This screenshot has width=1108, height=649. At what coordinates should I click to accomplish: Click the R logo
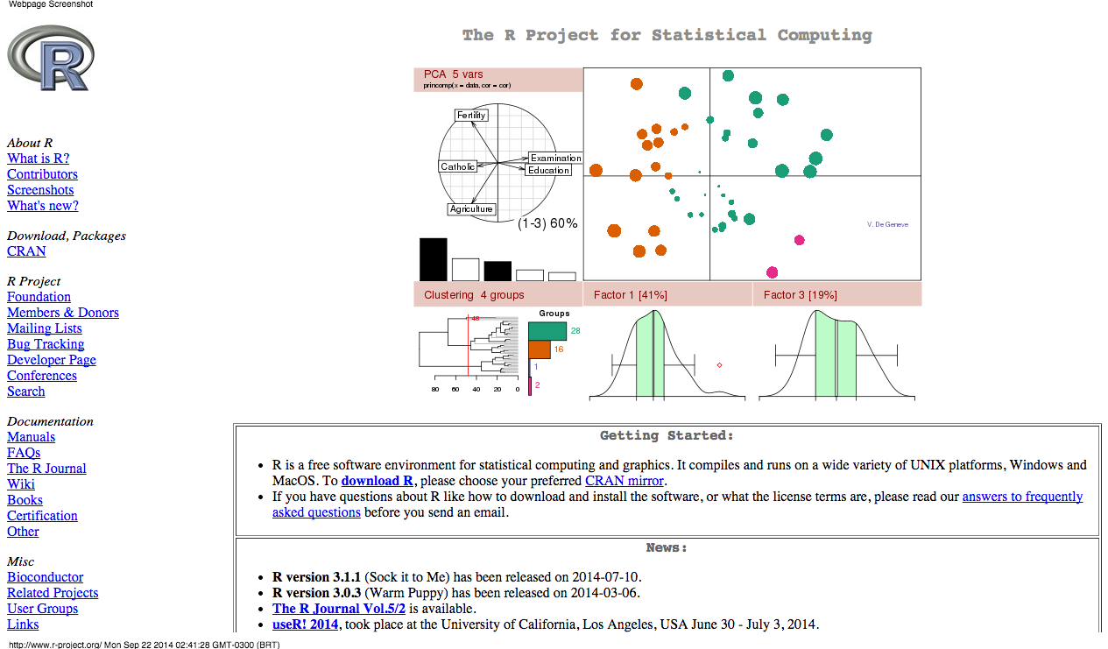[50, 58]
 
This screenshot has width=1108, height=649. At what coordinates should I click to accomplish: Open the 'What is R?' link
[38, 159]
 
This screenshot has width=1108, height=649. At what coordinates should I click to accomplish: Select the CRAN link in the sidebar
[26, 251]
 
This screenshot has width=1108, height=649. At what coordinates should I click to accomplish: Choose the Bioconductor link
[45, 577]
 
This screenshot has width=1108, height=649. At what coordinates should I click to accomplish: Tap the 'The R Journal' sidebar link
[46, 469]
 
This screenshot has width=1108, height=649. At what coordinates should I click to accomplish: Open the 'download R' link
[377, 481]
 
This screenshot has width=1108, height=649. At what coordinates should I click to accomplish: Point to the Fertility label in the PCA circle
[471, 116]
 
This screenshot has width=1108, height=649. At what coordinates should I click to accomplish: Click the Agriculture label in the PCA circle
[471, 209]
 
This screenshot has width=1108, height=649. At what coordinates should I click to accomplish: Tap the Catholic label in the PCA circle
[458, 166]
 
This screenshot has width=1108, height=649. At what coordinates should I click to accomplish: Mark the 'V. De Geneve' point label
[887, 225]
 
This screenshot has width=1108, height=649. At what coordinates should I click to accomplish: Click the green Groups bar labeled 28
[547, 330]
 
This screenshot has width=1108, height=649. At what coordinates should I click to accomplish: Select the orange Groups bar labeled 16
[540, 349]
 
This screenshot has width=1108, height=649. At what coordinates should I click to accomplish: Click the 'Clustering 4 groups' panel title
[474, 295]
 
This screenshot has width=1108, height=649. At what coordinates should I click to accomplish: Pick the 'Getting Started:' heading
[667, 435]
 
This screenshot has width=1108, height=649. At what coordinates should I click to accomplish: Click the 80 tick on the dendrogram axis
[435, 389]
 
